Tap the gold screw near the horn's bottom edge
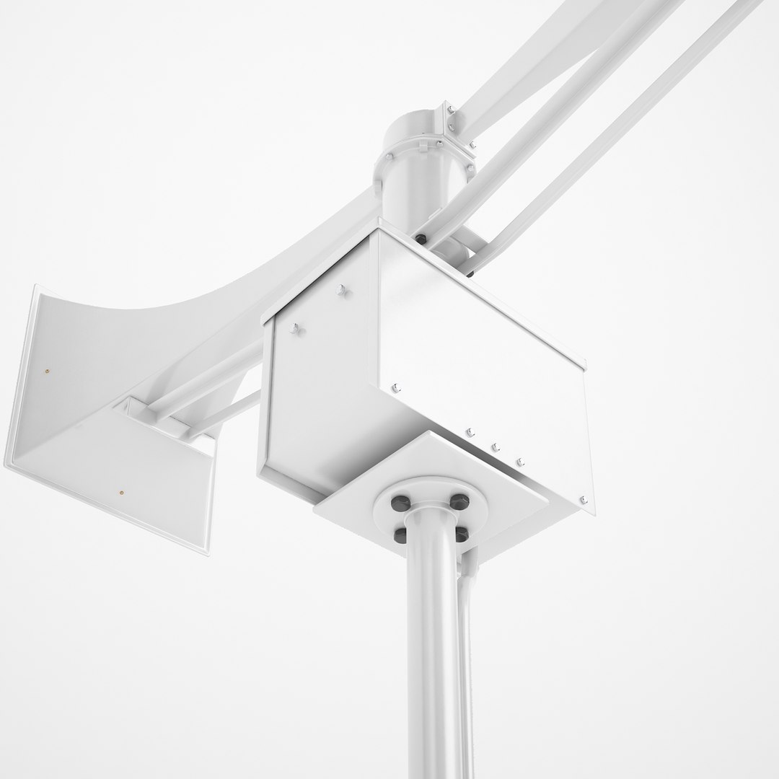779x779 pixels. [121, 493]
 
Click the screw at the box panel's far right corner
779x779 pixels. [583, 500]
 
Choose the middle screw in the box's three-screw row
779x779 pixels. [496, 448]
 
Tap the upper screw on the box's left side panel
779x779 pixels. [341, 291]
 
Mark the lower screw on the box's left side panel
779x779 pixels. [294, 330]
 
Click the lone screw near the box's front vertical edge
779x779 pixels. [395, 387]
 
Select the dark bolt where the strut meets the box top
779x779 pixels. [421, 238]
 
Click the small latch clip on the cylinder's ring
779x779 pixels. [390, 155]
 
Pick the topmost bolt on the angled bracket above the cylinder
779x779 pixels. [450, 109]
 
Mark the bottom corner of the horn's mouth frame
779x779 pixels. [209, 552]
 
